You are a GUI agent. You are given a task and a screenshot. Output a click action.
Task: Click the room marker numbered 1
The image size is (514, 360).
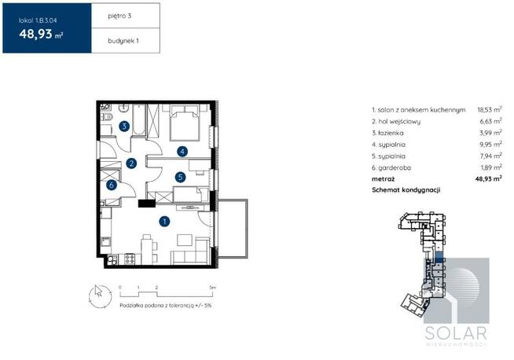pyautogui.click(x=164, y=222)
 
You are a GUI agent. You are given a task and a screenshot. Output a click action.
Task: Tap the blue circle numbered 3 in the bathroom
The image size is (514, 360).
pyautogui.click(x=124, y=126)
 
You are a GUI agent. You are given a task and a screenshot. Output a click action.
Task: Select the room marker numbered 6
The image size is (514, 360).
pyautogui.click(x=112, y=185)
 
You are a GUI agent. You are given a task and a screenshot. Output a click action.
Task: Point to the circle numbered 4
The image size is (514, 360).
pyautogui.click(x=182, y=151)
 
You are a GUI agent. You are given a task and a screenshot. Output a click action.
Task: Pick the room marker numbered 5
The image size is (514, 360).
pyautogui.click(x=180, y=178)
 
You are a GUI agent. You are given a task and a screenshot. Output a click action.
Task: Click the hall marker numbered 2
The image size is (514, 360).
pyautogui.click(x=131, y=163)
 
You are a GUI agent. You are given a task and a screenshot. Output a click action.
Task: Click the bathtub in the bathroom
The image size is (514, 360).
pyautogui.click(x=138, y=119)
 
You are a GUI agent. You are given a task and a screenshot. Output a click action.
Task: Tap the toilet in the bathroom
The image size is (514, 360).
pyautogui.click(x=108, y=116)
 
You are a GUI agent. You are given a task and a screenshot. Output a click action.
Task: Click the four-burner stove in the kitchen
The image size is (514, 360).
pyautogui.click(x=130, y=259)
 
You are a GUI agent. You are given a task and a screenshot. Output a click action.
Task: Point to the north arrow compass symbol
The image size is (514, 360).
pyautogui.click(x=100, y=296)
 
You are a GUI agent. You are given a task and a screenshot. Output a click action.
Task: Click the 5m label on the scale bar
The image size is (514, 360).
pyautogui.click(x=213, y=288)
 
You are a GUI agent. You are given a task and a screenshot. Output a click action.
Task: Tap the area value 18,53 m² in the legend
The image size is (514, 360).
pyautogui.click(x=490, y=109)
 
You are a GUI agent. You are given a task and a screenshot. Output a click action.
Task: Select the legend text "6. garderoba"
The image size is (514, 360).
pyautogui.click(x=391, y=168)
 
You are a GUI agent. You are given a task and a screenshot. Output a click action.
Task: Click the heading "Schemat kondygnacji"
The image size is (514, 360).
pyautogui.click(x=406, y=190)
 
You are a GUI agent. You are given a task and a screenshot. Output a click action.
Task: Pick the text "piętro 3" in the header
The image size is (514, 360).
pyautogui.click(x=119, y=16)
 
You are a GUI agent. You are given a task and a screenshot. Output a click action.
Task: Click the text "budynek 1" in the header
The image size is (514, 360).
pyautogui.click(x=123, y=41)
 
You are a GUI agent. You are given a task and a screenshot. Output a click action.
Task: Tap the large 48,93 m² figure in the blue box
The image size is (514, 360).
pyautogui.click(x=41, y=34)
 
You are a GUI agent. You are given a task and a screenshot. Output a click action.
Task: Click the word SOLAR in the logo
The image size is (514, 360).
pyautogui.click(x=456, y=333)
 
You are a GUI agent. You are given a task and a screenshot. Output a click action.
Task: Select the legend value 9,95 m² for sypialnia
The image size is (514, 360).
pyautogui.click(x=490, y=145)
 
